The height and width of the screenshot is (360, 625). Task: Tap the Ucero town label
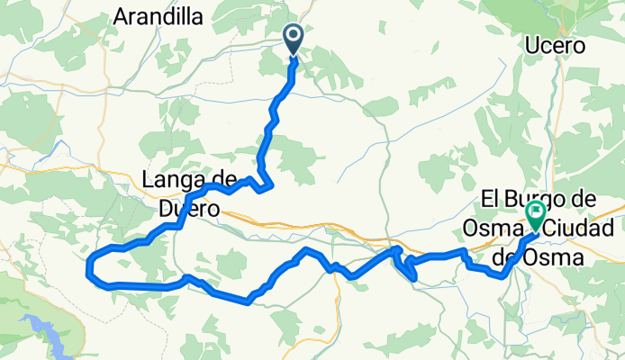[555, 45]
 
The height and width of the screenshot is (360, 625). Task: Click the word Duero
[189, 208]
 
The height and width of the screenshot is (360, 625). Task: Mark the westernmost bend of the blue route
[86, 267]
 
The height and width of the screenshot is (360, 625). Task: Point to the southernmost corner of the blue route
[248, 303]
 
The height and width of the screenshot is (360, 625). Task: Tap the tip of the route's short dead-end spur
[415, 279]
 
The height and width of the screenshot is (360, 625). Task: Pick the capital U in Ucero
[530, 45]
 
